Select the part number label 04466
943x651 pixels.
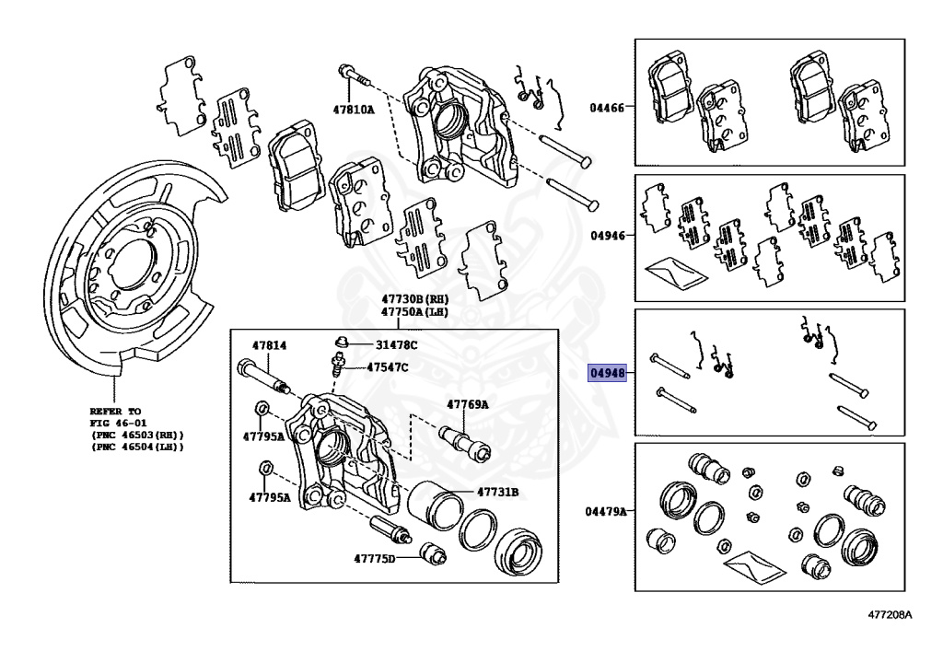click(607, 107)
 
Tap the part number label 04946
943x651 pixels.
click(607, 235)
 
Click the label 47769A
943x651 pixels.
click(468, 404)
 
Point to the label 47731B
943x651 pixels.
click(496, 492)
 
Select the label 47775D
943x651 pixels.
click(374, 559)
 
